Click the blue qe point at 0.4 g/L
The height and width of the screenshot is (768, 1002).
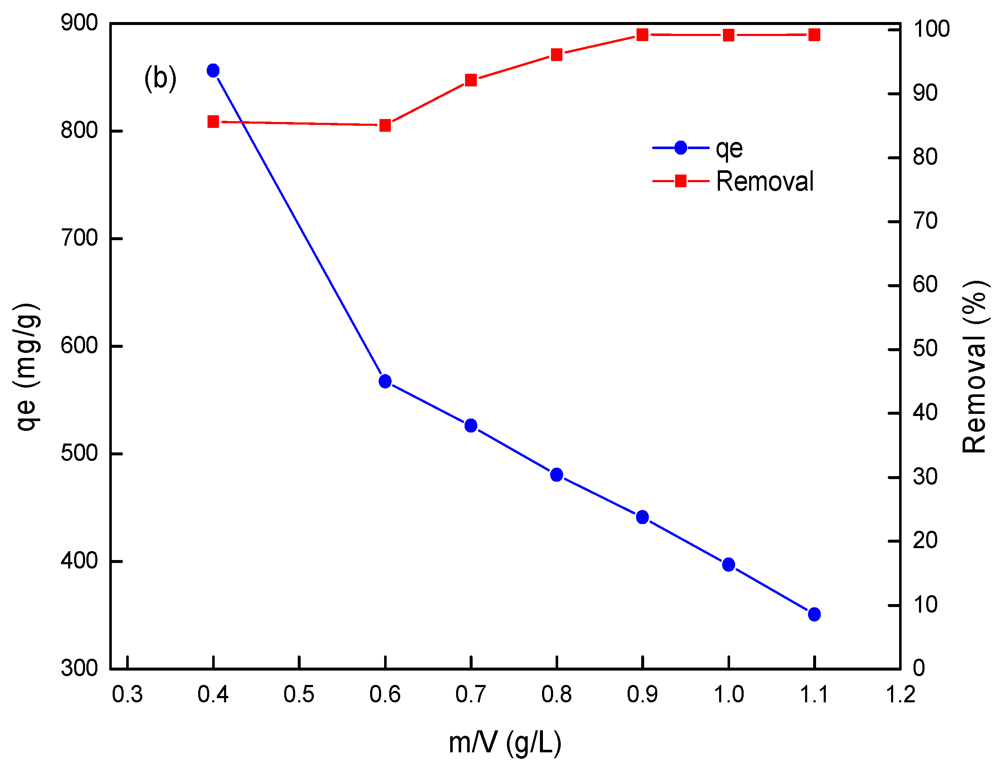[x=213, y=70]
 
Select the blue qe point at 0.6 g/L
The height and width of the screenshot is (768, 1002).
[x=385, y=381]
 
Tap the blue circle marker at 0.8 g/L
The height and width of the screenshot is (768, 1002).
[x=556, y=474]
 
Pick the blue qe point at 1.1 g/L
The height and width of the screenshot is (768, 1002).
[x=814, y=614]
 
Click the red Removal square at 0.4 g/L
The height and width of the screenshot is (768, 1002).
[x=213, y=122]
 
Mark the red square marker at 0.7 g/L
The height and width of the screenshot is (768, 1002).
[x=471, y=80]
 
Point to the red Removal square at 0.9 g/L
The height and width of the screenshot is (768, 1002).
[x=642, y=35]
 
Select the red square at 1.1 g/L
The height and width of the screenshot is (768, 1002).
[x=814, y=35]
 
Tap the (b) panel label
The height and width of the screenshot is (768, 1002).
[x=160, y=78]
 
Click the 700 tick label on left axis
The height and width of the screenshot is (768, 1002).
[x=79, y=238]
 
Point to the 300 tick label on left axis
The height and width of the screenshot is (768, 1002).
[x=79, y=668]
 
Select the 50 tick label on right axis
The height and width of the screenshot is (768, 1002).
[x=925, y=349]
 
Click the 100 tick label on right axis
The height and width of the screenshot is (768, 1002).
[x=931, y=29]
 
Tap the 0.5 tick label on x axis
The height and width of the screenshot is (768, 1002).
[x=299, y=694]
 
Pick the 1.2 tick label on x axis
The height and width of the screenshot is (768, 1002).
[x=900, y=694]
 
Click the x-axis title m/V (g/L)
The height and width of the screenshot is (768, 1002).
[x=505, y=743]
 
